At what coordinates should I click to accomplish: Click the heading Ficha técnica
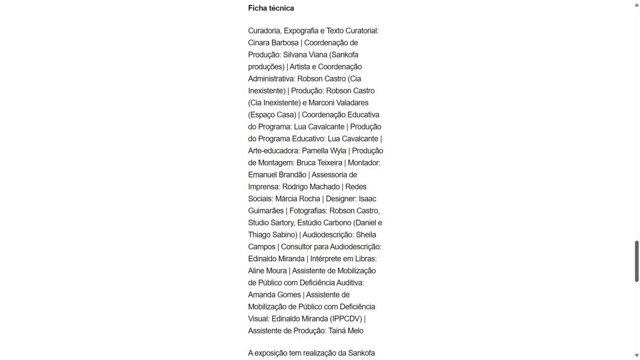[x=271, y=8]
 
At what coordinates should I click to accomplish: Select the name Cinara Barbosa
[x=273, y=43]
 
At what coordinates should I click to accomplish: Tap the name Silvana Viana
[x=304, y=55]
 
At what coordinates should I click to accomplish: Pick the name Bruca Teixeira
[x=319, y=163]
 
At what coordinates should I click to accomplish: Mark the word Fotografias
[x=307, y=210]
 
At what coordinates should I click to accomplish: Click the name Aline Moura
[x=267, y=271]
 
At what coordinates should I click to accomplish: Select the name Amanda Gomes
[x=274, y=294]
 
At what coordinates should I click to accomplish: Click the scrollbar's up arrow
[x=636, y=4]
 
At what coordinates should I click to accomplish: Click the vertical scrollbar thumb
[x=636, y=261]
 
